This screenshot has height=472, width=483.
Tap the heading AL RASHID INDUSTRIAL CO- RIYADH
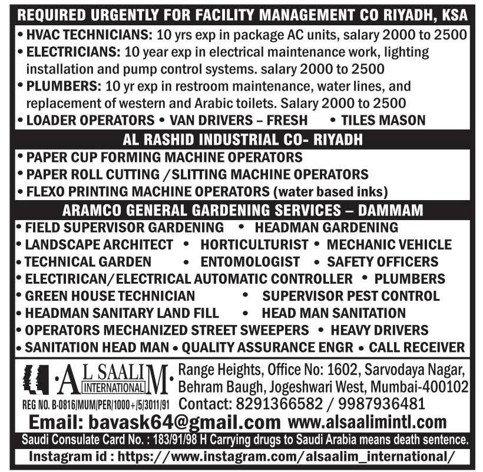click(x=241, y=140)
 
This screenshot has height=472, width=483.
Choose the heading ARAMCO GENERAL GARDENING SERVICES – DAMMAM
click(x=241, y=210)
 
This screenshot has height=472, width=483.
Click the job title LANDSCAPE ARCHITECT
click(x=99, y=244)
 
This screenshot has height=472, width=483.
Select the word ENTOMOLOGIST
click(x=250, y=261)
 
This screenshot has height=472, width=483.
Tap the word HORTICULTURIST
click(x=254, y=244)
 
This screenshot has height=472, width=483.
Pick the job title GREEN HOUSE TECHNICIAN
click(x=110, y=295)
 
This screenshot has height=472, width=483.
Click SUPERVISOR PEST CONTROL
click(x=351, y=295)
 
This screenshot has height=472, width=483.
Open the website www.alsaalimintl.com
click(x=368, y=422)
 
